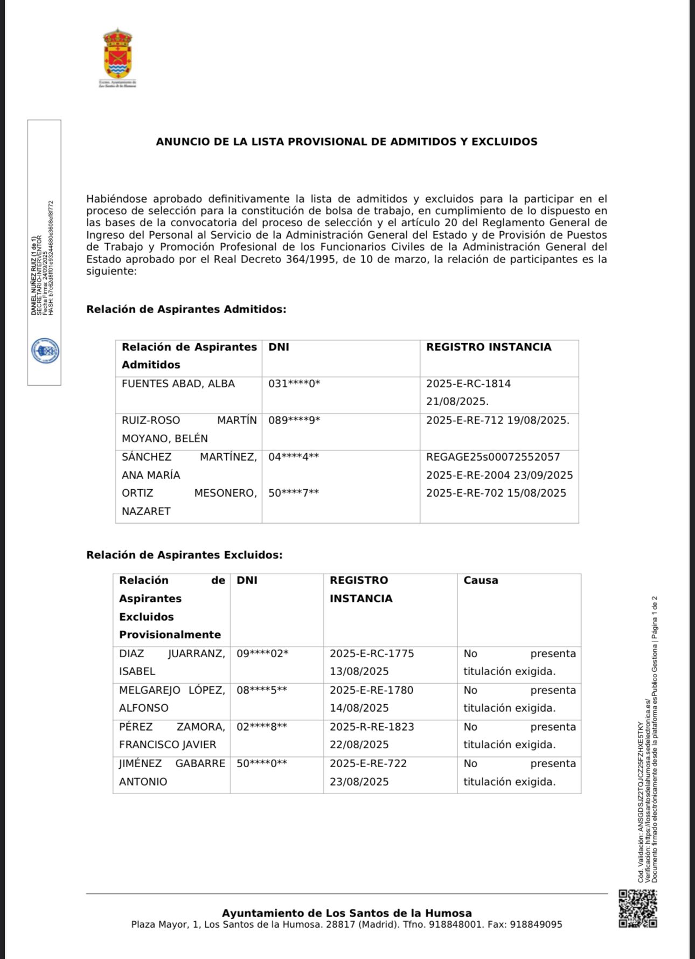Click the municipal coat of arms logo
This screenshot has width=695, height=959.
(x=117, y=55)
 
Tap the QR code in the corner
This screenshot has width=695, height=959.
(x=637, y=909)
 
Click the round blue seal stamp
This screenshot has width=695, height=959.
(x=45, y=351)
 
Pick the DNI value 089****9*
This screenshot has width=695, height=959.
(x=294, y=421)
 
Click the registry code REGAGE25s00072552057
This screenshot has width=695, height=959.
(x=493, y=457)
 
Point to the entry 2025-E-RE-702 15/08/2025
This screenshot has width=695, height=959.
(x=496, y=493)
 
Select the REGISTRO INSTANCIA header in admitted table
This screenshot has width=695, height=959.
(x=489, y=348)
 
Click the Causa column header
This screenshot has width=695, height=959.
(x=481, y=581)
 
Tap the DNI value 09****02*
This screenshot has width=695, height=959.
(x=262, y=654)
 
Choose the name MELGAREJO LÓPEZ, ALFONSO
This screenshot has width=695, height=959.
(x=172, y=699)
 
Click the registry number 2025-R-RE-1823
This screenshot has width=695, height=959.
(x=372, y=727)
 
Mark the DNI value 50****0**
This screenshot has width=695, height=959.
(x=262, y=764)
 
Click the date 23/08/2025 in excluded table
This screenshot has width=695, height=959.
(x=359, y=782)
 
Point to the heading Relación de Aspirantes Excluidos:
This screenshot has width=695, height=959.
(x=184, y=555)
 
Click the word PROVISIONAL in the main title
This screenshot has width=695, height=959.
(x=328, y=142)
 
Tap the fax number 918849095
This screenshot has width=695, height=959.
(x=536, y=925)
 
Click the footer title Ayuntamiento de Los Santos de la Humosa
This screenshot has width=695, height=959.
(x=346, y=913)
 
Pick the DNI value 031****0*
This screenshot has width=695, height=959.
(x=294, y=384)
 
